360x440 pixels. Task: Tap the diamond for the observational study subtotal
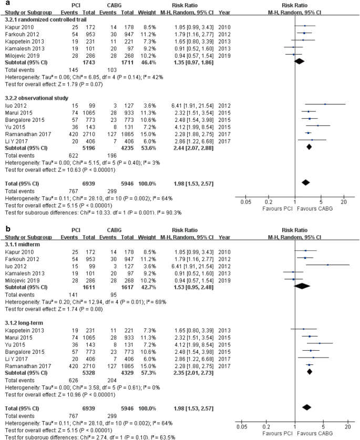[x=309, y=148]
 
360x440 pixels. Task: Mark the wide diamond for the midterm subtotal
[x=302, y=286]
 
